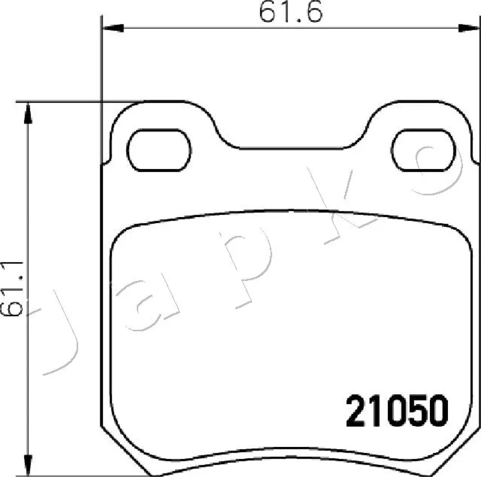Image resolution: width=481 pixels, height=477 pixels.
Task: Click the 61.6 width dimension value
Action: coord(290,12)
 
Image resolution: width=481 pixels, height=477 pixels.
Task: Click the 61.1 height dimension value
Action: coord(11,289)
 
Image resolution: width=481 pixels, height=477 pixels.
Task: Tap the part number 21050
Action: coord(397,411)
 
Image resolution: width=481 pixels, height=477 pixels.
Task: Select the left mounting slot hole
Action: coord(159,150)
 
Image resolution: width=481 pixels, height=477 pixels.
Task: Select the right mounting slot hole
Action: coord(424,150)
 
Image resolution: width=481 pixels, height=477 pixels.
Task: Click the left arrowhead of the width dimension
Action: coord(112,28)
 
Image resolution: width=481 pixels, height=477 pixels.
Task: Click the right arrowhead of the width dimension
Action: coord(469,28)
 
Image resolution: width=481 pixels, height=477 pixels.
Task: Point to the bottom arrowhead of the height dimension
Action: coord(28,465)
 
